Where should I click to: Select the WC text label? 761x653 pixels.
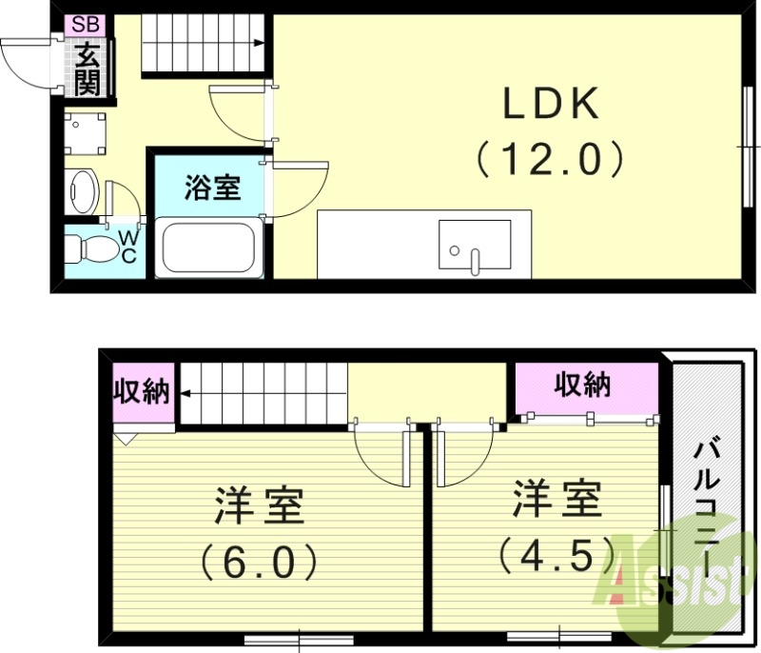point(127,247)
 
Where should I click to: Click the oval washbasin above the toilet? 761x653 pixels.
point(84,192)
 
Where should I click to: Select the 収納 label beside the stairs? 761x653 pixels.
point(142,391)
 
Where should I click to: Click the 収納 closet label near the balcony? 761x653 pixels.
point(583,385)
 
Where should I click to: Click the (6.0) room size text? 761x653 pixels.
point(259,562)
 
